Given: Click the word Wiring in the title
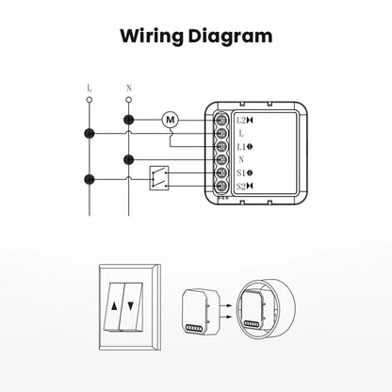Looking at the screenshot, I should click(x=151, y=37).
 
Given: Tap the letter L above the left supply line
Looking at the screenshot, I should click(x=90, y=89).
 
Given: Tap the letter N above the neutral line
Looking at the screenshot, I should click(x=128, y=89).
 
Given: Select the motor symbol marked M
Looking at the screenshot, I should click(x=171, y=120).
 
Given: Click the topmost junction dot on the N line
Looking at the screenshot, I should click(x=128, y=121).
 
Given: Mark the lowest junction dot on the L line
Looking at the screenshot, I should click(x=90, y=176).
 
